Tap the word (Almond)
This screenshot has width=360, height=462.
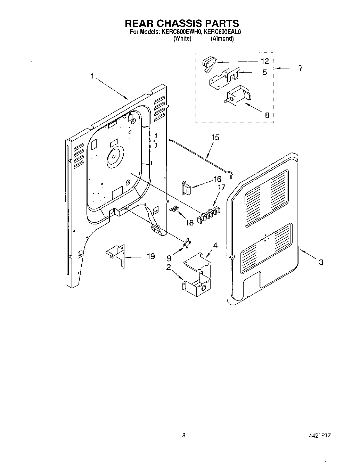click(222, 39)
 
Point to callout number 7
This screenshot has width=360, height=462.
click(301, 68)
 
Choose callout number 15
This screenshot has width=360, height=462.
click(215, 138)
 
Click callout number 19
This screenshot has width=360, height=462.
click(150, 256)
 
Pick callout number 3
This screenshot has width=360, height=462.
click(321, 262)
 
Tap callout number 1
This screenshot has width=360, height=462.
click(92, 76)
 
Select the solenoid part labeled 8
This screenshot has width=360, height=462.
click(238, 94)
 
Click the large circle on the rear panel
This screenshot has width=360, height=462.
click(114, 156)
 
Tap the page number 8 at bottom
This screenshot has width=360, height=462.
click(184, 435)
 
